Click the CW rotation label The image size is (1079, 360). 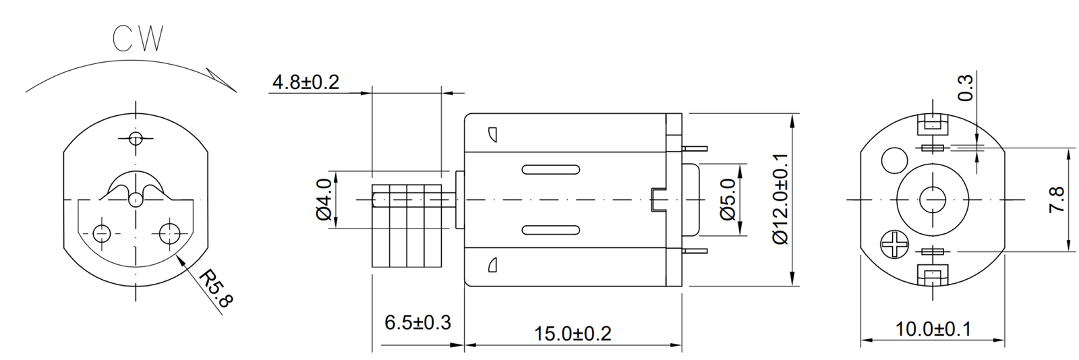click(x=138, y=40)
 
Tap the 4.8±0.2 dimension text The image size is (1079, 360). click(x=305, y=82)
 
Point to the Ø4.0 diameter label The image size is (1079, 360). click(x=324, y=200)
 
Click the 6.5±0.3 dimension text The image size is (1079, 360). click(x=417, y=322)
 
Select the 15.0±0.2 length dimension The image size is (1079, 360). click(x=573, y=333)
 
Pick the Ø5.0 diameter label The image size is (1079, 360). click(x=728, y=200)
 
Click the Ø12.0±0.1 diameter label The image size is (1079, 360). click(x=780, y=199)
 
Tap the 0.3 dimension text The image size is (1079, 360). click(x=966, y=88)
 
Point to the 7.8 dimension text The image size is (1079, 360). click(x=1056, y=200)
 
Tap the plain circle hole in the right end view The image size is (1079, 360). click(x=894, y=160)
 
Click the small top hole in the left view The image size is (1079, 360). click(x=136, y=139)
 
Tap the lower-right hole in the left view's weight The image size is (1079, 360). click(x=169, y=233)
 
